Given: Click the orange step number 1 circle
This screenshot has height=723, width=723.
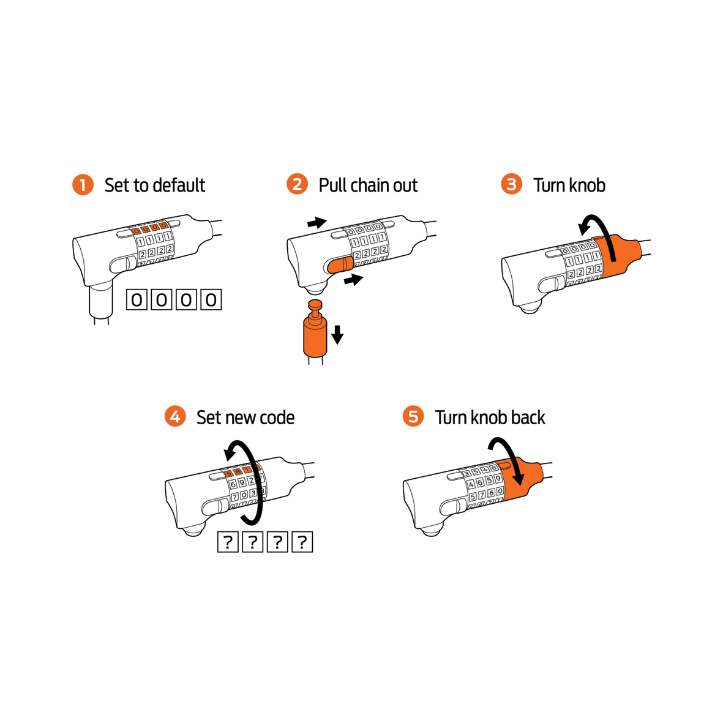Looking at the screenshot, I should tap(83, 185).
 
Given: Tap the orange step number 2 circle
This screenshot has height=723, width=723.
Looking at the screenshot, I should tap(297, 185).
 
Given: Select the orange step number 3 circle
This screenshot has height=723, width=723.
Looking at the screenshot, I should tap(511, 185).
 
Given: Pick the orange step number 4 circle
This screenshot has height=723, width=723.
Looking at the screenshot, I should tap(175, 417).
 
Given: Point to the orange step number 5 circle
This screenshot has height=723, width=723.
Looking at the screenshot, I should tap(413, 417).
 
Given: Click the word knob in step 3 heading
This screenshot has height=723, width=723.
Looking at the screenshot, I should tap(586, 185).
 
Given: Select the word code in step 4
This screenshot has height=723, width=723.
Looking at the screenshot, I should tap(277, 418).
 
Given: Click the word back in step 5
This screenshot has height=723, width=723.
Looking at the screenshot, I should tap(528, 418).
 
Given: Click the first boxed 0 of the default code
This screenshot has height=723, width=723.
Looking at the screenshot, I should tap(137, 299).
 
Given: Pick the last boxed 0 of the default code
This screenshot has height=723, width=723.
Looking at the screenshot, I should tap(211, 299).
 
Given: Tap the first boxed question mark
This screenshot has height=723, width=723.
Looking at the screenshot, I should tap(228, 542).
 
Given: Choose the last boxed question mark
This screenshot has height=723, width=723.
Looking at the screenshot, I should tap(302, 542).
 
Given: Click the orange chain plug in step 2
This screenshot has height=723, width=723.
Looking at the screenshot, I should tap(315, 335).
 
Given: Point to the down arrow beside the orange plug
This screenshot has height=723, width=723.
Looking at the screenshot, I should tap(337, 335).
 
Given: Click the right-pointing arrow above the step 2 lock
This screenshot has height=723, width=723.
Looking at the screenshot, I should tap(317, 223).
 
